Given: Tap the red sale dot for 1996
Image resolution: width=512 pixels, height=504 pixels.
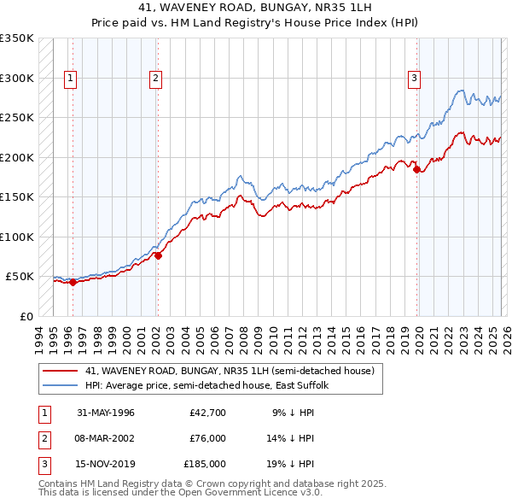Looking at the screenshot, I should click(x=73, y=282).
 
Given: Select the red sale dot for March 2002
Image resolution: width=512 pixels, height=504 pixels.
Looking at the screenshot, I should click(x=158, y=255).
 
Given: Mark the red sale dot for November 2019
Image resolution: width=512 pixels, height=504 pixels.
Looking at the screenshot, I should click(x=417, y=169).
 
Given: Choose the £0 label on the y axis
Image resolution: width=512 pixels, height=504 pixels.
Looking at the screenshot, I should click(x=26, y=316).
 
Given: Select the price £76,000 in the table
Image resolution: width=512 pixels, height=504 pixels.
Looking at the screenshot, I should click(x=207, y=438).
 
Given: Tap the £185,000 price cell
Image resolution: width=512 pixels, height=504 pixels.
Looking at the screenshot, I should click(x=205, y=464).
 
